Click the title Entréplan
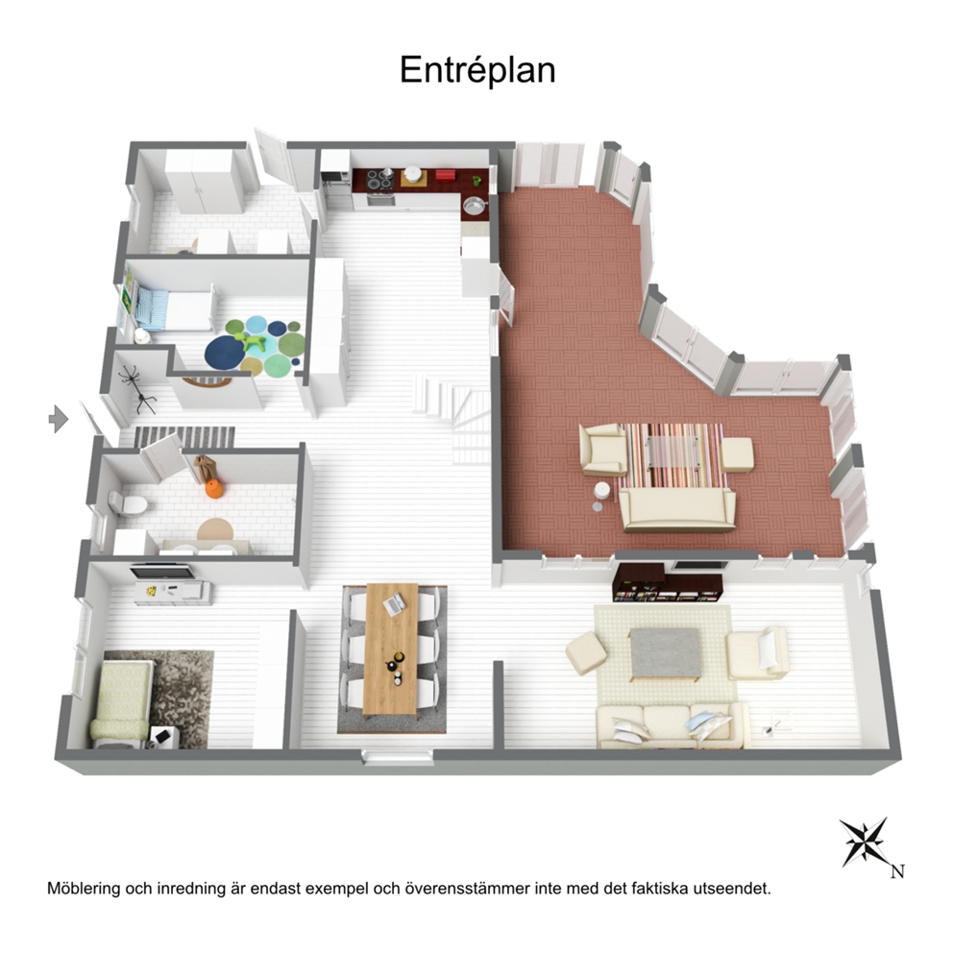coord(477,70)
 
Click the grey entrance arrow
coord(59,419)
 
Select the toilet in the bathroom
coord(127,502)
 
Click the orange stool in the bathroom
coord(214,489)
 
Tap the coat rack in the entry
coord(138,389)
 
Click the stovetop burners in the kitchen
coord(379,180)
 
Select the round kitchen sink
coord(475,207)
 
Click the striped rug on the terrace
coord(672,455)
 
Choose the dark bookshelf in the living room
coord(669,582)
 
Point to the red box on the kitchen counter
coord(445,175)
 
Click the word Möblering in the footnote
coord(84,890)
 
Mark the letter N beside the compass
coord(897,871)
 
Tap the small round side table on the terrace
coord(601,491)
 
